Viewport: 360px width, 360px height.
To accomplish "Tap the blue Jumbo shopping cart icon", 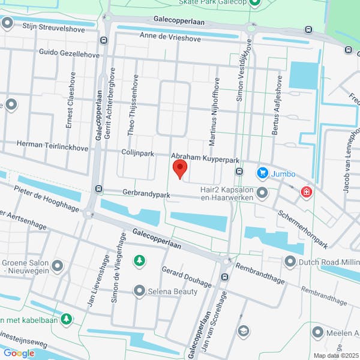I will pyautogui.click(x=262, y=173).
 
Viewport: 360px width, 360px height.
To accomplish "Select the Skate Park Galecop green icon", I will pyautogui.click(x=254, y=3).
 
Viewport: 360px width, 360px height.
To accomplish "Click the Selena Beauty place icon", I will pyautogui.click(x=139, y=291).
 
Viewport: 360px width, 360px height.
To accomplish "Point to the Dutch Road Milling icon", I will pyautogui.click(x=290, y=262).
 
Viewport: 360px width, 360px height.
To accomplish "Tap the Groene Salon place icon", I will pyautogui.click(x=58, y=265).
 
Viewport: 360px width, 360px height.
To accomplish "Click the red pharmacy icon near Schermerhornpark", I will pyautogui.click(x=306, y=193).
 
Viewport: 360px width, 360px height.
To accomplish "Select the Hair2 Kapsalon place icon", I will pyautogui.click(x=262, y=193).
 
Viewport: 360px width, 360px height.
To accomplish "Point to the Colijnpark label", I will pyautogui.click(x=139, y=154).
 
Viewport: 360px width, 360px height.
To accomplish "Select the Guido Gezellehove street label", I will pyautogui.click(x=69, y=54).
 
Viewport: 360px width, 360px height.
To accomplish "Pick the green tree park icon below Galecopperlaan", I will pyautogui.click(x=139, y=260).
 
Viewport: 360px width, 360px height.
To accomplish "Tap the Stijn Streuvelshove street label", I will pyautogui.click(x=53, y=26).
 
